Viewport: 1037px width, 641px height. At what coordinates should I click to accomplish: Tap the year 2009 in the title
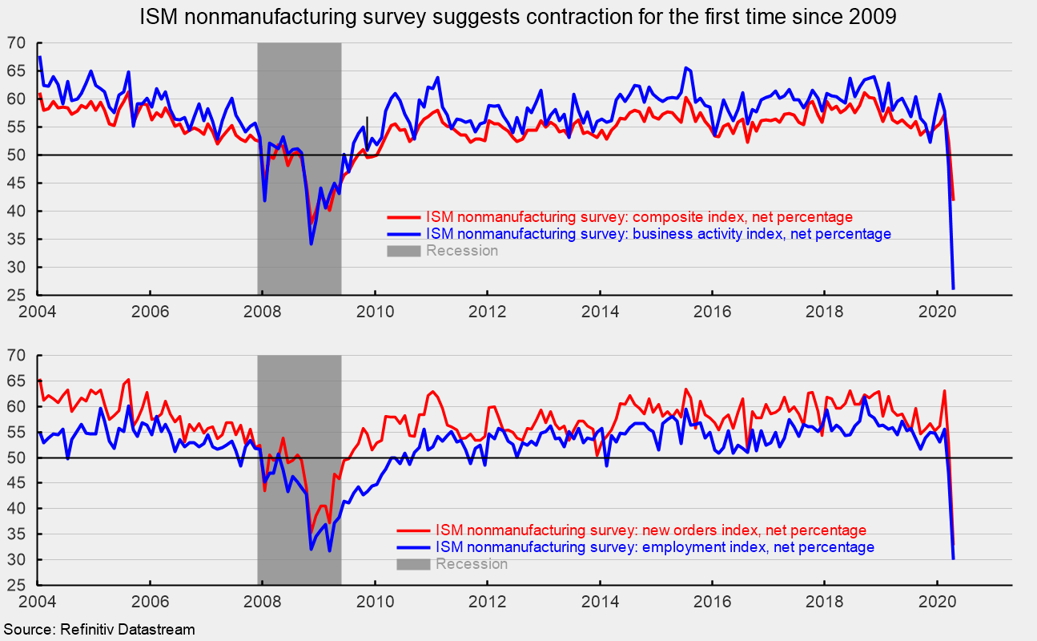[x=874, y=17]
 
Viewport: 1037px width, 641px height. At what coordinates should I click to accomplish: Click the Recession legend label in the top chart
[x=462, y=251]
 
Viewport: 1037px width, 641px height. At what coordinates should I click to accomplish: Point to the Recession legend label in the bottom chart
[x=472, y=564]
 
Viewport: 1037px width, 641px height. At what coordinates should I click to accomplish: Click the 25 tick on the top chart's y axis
[x=17, y=295]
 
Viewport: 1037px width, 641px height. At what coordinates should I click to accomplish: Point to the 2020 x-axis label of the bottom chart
[x=939, y=601]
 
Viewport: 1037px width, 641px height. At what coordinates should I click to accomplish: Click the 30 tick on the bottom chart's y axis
[x=17, y=560]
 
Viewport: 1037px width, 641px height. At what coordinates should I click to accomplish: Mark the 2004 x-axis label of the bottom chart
[x=38, y=601]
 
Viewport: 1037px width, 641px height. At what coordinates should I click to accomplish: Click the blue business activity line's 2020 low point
[x=953, y=288]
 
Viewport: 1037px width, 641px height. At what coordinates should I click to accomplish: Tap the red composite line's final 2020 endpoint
[x=953, y=200]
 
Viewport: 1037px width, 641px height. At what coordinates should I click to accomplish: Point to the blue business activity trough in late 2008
[x=311, y=244]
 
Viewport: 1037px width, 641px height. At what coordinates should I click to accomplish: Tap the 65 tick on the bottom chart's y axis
[x=17, y=381]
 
